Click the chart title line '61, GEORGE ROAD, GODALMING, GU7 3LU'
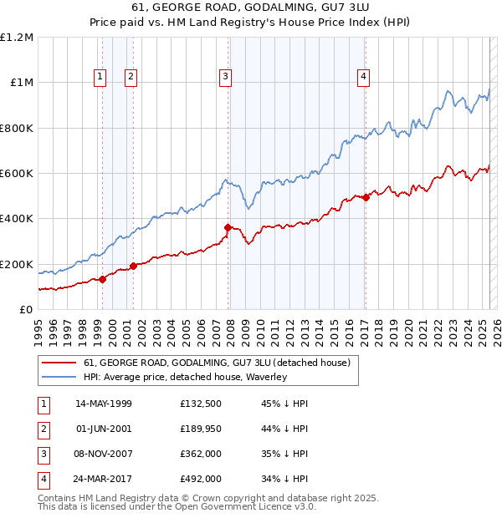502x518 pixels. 251,8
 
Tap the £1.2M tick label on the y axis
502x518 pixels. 17,38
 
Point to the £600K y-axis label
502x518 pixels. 17,174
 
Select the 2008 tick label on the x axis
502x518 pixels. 230,330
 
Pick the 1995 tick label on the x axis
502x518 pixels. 38,330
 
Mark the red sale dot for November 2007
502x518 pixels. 228,227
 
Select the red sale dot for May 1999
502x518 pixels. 102,279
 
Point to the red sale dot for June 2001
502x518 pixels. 133,267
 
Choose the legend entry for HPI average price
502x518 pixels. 185,377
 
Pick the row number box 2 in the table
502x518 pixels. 43,429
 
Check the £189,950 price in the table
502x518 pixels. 201,429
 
